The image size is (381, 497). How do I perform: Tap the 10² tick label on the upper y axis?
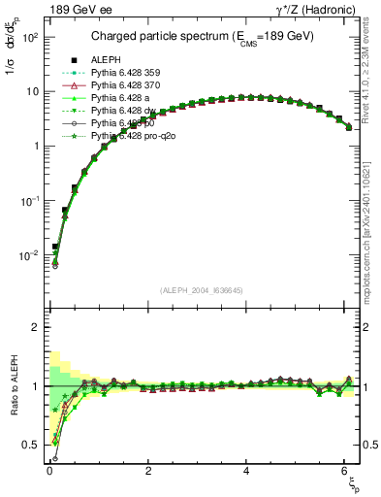coord(30,37)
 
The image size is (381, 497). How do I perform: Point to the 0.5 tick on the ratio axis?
coord(30,445)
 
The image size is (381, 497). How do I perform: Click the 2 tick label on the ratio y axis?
coord(35,327)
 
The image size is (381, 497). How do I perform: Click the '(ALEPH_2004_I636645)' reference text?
coord(202,288)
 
